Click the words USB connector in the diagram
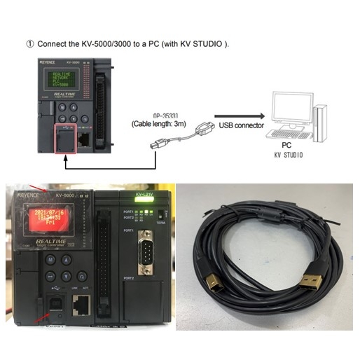pos(240,126)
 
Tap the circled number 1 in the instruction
pos(29,44)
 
